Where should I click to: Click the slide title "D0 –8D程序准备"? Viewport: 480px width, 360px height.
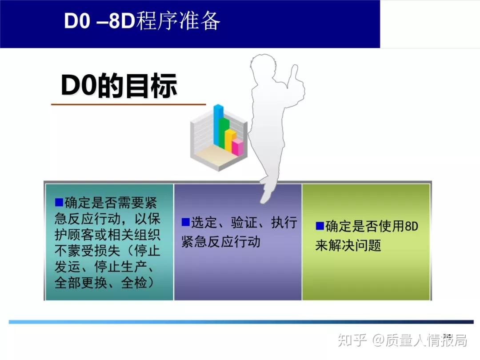tap(142, 21)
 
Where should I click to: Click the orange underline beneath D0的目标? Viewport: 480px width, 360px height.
tap(128, 104)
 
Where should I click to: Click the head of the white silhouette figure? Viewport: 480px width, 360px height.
tap(263, 66)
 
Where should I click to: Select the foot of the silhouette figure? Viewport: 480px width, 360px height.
tap(266, 196)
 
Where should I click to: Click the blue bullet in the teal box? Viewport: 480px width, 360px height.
tap(59, 202)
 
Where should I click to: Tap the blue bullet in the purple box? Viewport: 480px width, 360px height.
tap(185, 222)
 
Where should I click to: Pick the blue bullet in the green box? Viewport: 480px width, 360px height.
tap(320, 226)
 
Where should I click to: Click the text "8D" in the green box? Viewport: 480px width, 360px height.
tap(411, 226)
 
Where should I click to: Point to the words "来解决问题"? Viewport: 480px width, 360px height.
tap(348, 245)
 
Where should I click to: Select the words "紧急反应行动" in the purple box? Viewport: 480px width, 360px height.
tap(221, 241)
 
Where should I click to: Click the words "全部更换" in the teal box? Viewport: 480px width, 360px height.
tap(81, 283)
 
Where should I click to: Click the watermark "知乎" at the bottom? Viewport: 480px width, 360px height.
tap(352, 340)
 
